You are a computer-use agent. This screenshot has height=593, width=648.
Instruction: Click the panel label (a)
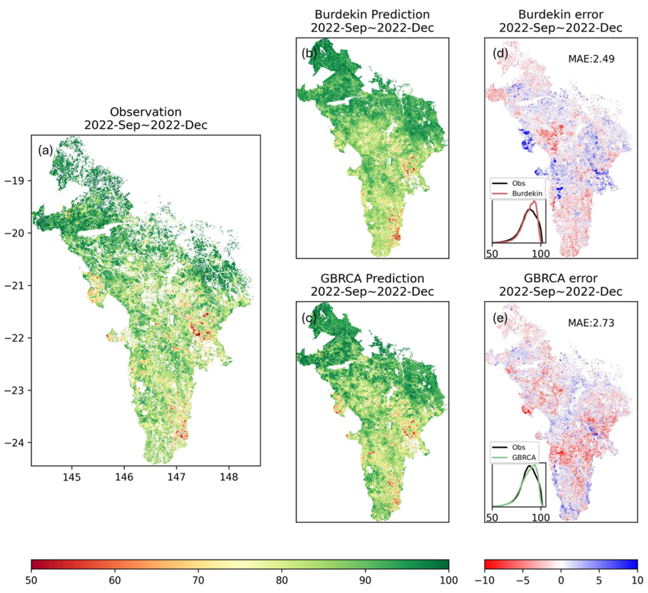click(x=45, y=150)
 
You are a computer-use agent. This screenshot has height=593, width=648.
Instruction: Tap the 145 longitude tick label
click(x=72, y=477)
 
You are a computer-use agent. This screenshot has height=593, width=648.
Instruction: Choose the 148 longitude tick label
click(x=229, y=477)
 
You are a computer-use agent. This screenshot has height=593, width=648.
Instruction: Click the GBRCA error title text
click(x=561, y=278)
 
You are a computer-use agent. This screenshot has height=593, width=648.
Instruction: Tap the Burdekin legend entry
click(x=527, y=194)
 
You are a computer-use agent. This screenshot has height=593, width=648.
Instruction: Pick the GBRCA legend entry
click(x=524, y=457)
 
